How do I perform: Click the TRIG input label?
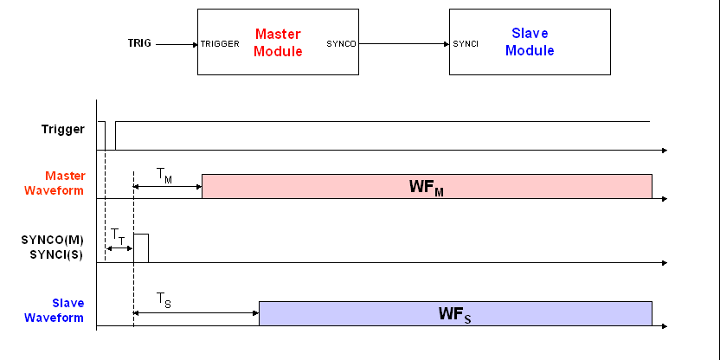pos(140,43)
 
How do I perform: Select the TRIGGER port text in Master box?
pos(220,43)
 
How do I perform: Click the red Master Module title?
pos(278,42)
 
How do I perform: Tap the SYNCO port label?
pos(341,43)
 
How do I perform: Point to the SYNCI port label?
pos(466,43)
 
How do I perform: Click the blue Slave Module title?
pos(530,42)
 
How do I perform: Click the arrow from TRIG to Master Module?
pos(177,43)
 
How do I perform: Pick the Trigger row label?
pos(63,129)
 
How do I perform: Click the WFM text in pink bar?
pos(426,187)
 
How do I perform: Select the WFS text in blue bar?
pos(454,314)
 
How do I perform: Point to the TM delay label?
pos(164,175)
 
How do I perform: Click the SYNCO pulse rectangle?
pos(141,247)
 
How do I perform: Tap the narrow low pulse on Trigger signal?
pos(110,136)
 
